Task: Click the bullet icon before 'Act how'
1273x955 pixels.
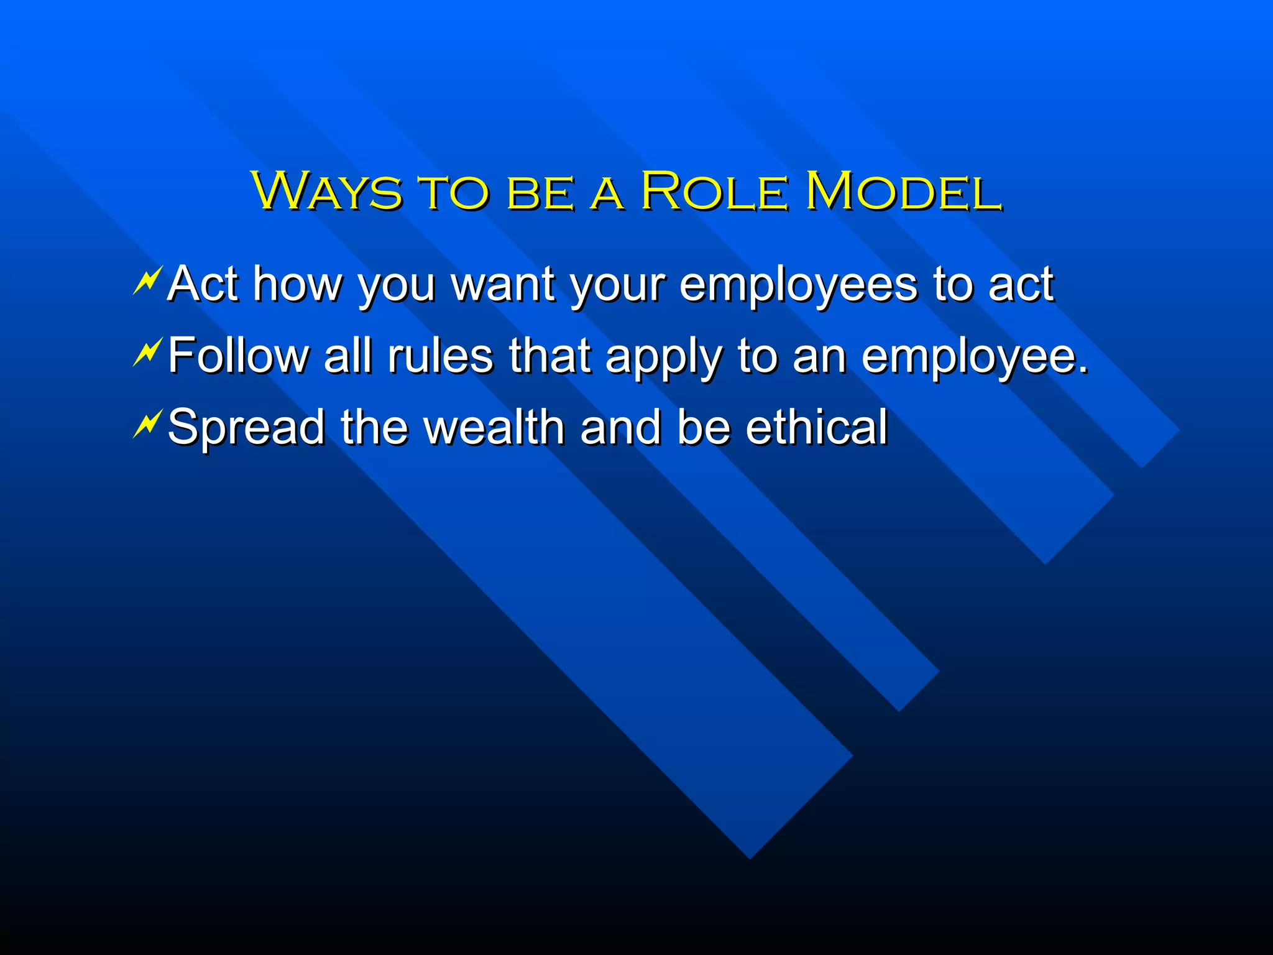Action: [147, 280]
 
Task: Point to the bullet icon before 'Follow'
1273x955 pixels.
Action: [147, 352]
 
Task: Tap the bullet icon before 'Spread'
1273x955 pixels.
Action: [147, 424]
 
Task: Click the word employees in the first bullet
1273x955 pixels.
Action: [798, 285]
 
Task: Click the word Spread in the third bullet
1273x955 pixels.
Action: [246, 428]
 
